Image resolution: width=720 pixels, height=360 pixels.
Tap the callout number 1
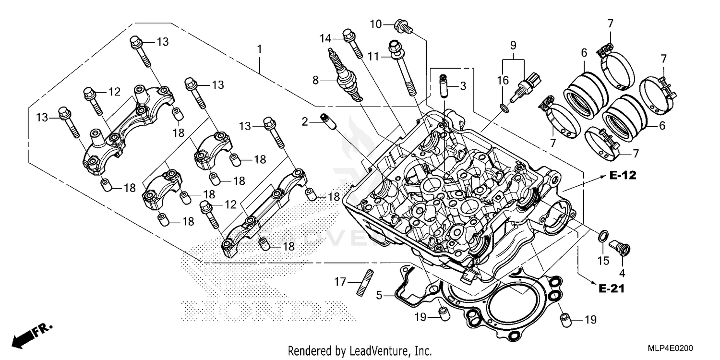coord(259,49)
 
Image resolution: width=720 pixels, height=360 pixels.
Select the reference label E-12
coord(623,176)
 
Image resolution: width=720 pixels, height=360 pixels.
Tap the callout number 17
coord(340,283)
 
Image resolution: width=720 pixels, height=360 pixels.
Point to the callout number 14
coord(325,38)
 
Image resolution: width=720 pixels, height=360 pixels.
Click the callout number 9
coord(513,46)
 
